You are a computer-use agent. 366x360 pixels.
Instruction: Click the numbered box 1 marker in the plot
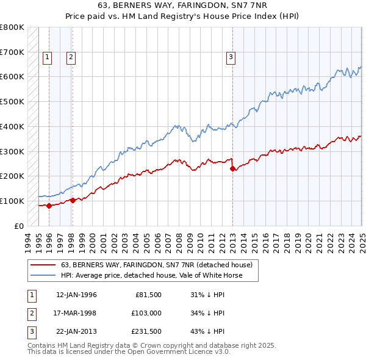click(48, 57)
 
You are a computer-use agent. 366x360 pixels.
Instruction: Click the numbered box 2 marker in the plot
click(71, 57)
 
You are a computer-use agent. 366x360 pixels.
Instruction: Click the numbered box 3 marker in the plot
click(231, 57)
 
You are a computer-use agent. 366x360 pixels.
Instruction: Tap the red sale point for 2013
click(232, 168)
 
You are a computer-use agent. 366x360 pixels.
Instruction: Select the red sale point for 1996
click(49, 206)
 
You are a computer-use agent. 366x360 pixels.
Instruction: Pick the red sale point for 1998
click(73, 200)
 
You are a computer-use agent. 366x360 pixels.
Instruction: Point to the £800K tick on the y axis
click(12, 27)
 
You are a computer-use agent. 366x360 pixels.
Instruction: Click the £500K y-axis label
click(12, 102)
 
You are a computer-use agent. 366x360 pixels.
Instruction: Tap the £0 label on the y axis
click(18, 226)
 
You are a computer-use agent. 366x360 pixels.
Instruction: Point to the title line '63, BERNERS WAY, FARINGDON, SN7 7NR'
click(183, 6)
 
